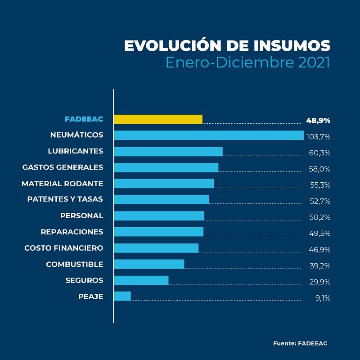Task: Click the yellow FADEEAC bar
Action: [158, 119]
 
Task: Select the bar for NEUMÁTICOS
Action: [209, 135]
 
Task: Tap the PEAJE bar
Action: [122, 296]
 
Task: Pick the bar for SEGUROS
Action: [141, 280]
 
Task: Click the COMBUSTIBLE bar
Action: [149, 264]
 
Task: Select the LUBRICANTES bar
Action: [168, 151]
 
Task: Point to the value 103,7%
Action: [318, 137]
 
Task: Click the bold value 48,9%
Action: [318, 121]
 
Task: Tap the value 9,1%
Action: [323, 298]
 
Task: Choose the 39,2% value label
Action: [320, 265]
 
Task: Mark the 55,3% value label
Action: [320, 185]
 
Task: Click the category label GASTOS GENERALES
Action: [63, 167]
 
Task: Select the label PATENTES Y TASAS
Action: [65, 199]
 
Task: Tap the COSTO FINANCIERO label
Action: [64, 248]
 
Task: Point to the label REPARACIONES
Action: [72, 232]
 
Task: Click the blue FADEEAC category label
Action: [84, 119]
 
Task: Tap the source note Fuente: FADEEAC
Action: [300, 343]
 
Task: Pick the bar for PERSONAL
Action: [159, 216]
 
